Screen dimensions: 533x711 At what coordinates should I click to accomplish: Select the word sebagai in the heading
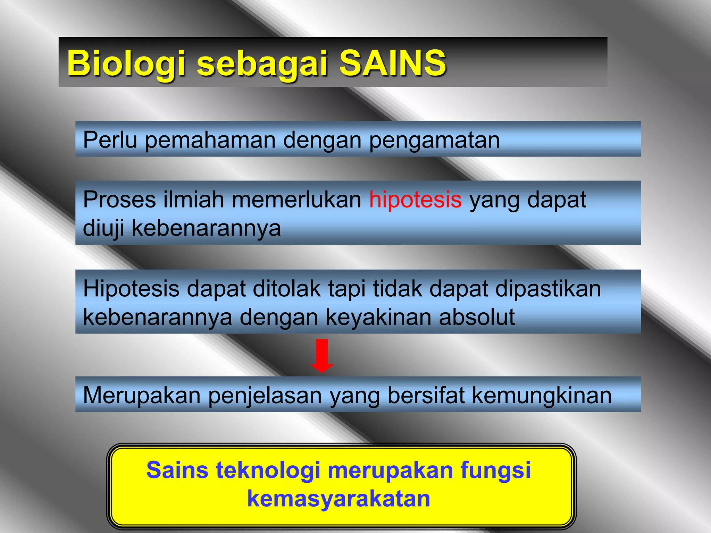[262, 64]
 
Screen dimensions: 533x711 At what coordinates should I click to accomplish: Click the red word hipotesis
[415, 200]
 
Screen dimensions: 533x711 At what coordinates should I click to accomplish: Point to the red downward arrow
[322, 355]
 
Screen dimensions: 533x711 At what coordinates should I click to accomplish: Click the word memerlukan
[297, 200]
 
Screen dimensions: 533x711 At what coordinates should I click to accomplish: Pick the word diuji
[103, 228]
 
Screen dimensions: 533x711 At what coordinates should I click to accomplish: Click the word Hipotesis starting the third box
[131, 289]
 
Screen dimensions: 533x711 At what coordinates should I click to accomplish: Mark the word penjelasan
[265, 396]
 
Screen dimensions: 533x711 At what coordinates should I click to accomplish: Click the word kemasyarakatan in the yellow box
[338, 499]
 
